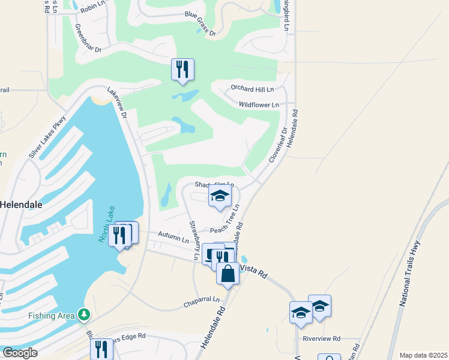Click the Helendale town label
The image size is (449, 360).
point(21,204)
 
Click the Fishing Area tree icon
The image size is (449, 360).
point(84,314)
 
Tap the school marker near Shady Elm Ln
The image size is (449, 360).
point(220,197)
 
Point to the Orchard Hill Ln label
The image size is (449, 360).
point(252,89)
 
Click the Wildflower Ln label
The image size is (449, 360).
point(259,105)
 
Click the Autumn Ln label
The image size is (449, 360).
point(173,237)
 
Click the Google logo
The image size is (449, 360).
point(19,353)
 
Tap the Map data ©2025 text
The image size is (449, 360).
point(423,355)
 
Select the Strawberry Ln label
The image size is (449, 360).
point(195,240)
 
